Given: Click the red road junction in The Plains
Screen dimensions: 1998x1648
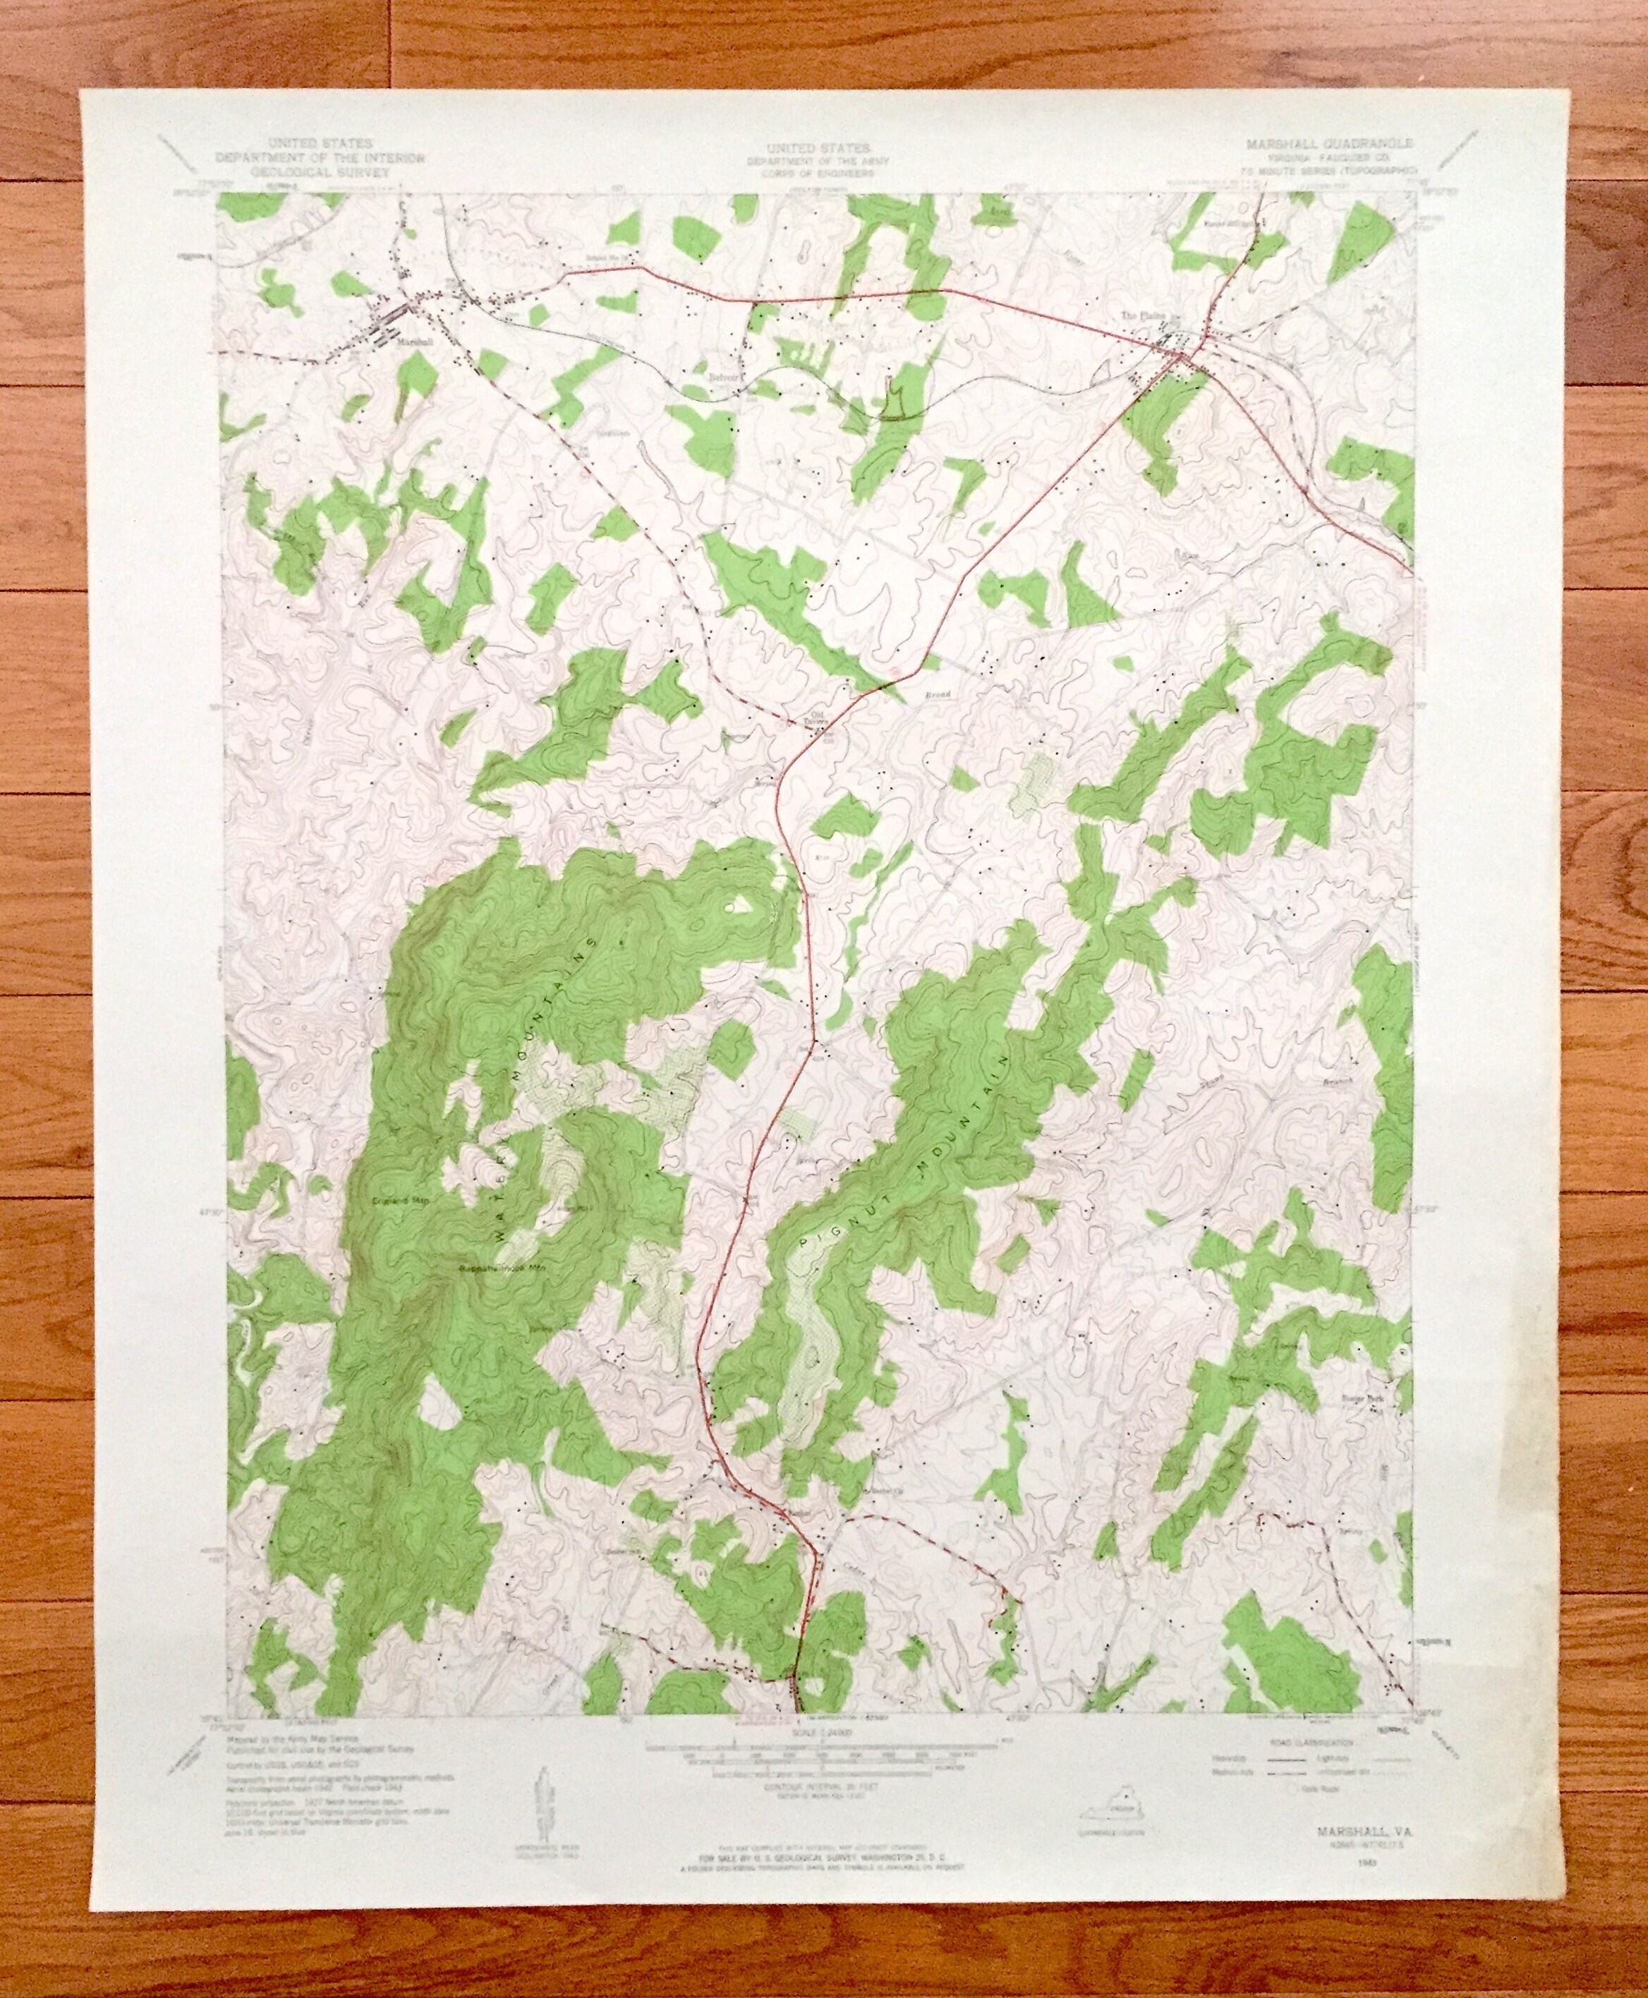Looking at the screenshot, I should (1180, 359).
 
